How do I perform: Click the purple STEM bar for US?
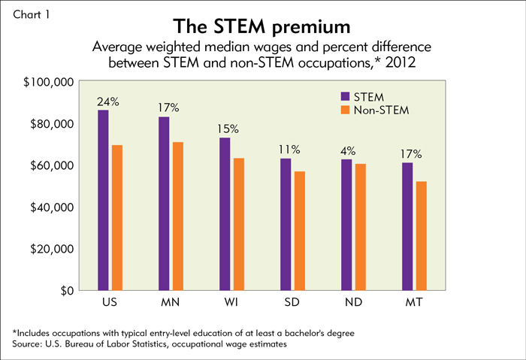[103, 200]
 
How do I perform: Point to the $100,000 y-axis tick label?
[47, 81]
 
